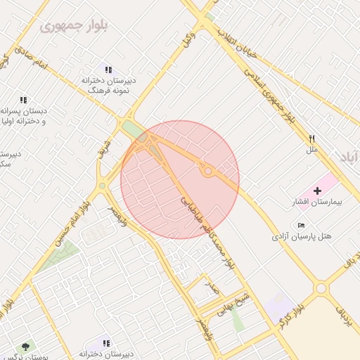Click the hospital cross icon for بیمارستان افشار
pyautogui.click(x=316, y=191)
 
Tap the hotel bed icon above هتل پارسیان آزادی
pyautogui.click(x=302, y=225)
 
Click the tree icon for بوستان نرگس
pyautogui.click(x=27, y=347)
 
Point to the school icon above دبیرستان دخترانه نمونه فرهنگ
pyautogui.click(x=108, y=70)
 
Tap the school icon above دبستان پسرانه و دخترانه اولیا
pyautogui.click(x=23, y=100)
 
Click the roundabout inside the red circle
pyautogui.click(x=207, y=170)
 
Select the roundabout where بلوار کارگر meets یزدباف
pyautogui.click(x=321, y=288)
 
